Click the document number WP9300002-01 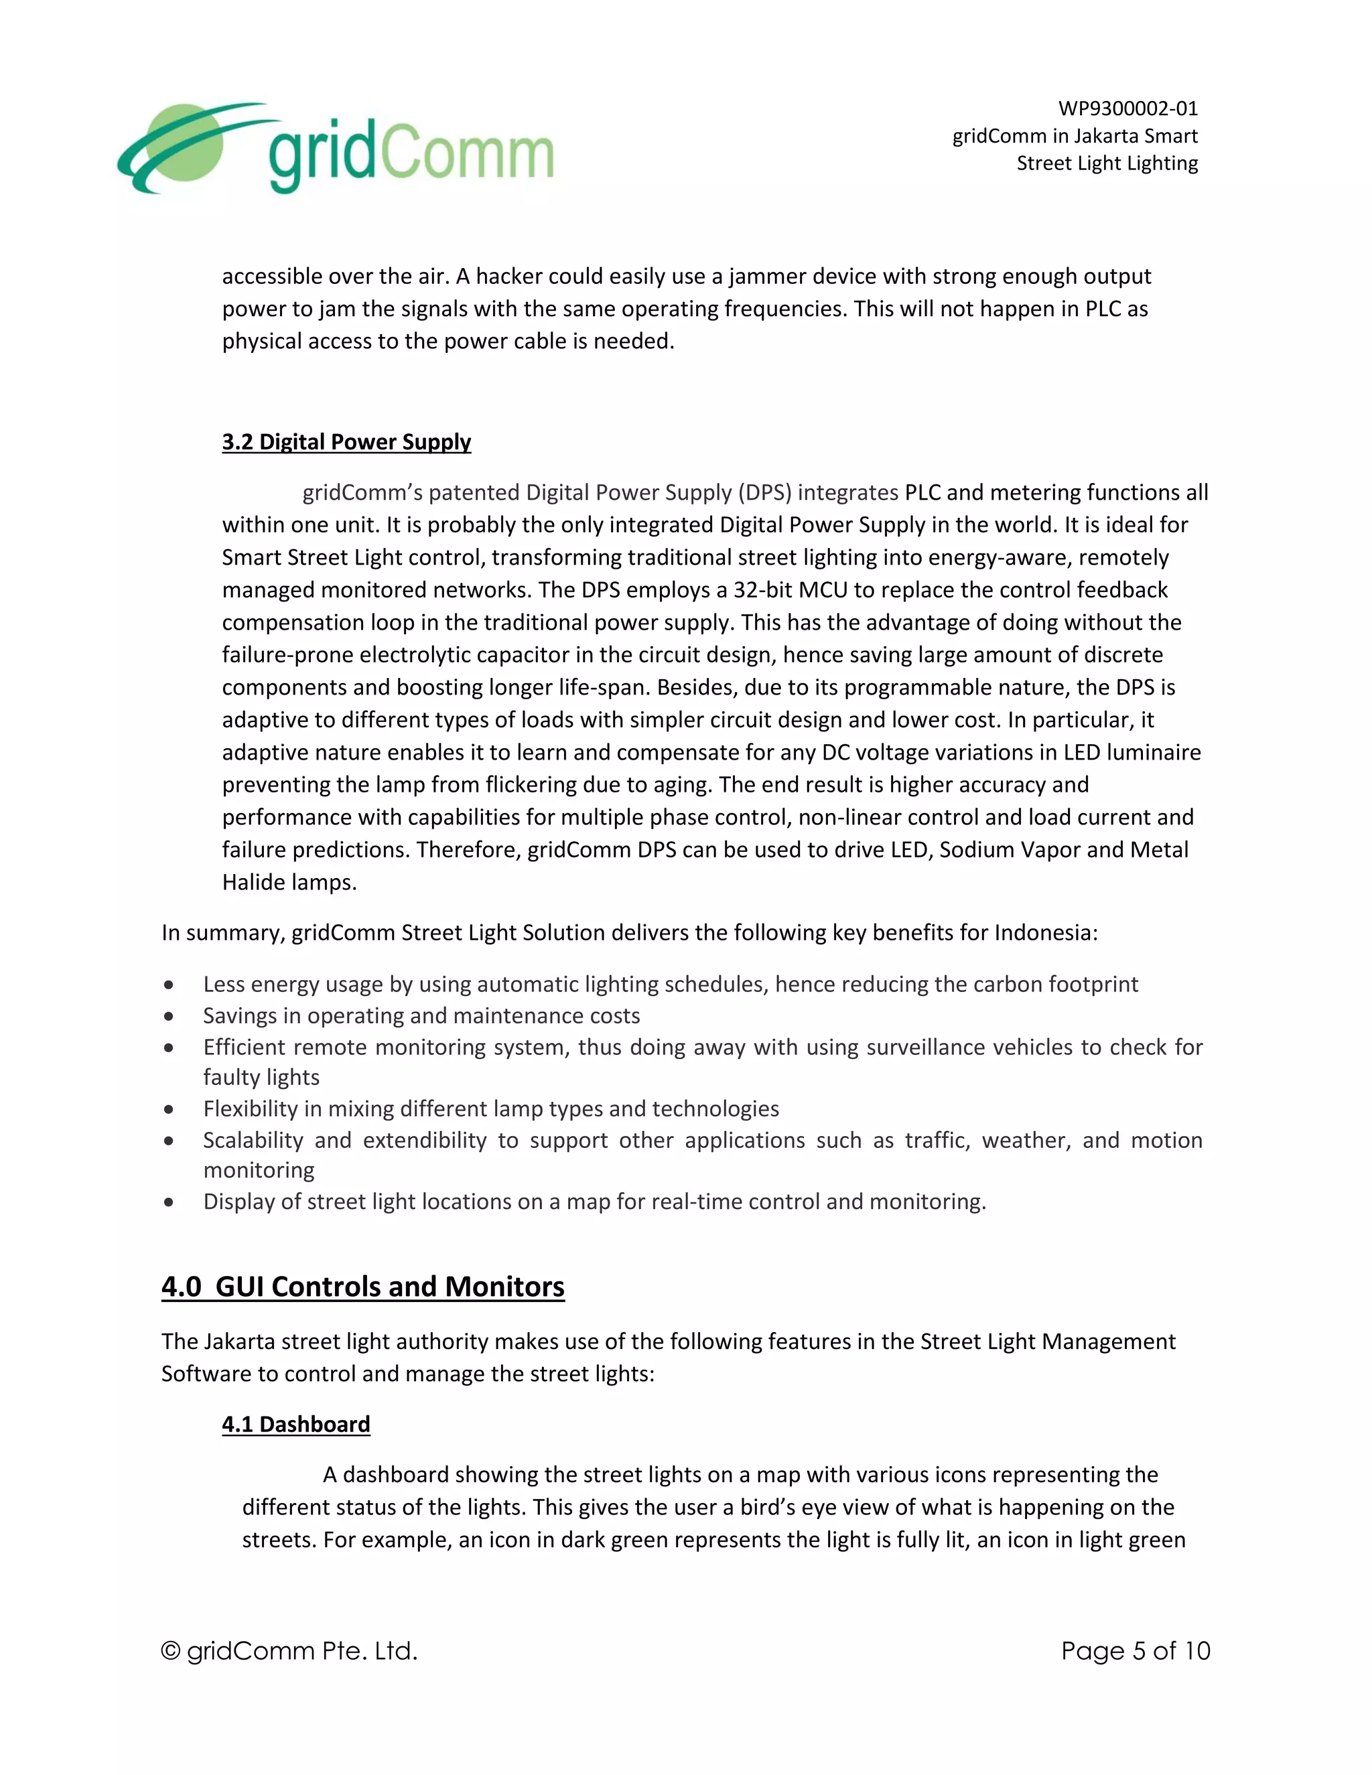click(1127, 108)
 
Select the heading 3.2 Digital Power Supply click(346, 442)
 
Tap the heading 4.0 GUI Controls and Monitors click(362, 1287)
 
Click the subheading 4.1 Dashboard click(296, 1425)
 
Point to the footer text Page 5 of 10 click(1135, 1650)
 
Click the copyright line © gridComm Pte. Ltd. click(289, 1650)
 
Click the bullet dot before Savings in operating click(168, 1017)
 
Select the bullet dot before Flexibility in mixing click(168, 1109)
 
